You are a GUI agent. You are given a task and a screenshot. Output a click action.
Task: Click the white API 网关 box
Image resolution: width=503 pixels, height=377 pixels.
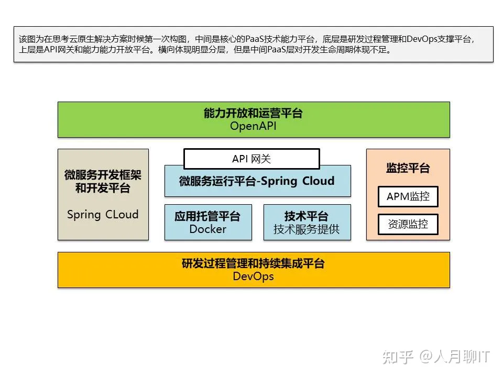pos(251,159)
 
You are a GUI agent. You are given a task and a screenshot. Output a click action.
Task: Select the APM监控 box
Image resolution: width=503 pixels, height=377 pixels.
pos(408,196)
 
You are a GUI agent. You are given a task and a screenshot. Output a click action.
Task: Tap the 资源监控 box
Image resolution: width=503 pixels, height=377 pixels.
pos(408,224)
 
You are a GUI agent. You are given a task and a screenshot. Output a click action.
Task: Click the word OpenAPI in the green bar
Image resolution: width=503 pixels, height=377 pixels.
pos(253,126)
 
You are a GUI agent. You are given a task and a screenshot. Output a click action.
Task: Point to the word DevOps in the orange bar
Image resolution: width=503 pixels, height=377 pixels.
pos(253,276)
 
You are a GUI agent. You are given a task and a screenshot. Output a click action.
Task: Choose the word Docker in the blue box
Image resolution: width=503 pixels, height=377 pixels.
pos(208,229)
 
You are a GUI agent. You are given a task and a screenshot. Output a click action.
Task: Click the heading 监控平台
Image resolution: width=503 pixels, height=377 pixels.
pos(408,168)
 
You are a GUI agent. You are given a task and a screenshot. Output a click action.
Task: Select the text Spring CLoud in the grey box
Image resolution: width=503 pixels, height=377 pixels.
pos(103,214)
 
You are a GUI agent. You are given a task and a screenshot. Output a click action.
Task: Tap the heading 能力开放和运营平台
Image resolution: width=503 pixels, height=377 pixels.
pos(253,113)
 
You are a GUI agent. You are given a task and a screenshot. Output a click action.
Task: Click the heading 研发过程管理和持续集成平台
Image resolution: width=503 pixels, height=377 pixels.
pos(253,263)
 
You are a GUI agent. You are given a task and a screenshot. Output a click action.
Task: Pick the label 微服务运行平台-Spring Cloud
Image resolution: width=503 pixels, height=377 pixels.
pos(257,181)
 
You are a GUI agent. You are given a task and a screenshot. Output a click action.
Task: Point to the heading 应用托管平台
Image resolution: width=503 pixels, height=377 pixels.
pos(207,216)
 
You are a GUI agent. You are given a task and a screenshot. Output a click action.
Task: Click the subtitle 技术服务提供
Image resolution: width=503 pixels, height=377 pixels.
pos(307,229)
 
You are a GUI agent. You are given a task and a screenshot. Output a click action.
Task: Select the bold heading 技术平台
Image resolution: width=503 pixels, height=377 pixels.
pos(307,216)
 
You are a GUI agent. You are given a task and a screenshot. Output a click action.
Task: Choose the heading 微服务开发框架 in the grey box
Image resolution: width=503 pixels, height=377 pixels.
pos(103,175)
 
